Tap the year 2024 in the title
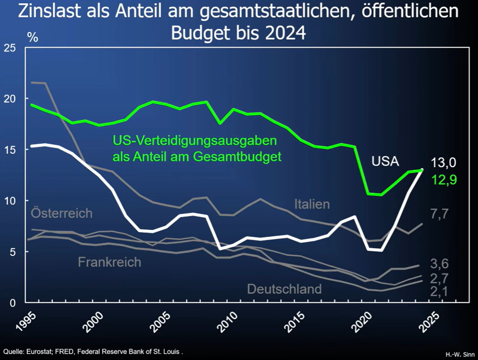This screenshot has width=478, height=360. click(284, 33)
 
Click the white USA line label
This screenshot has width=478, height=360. click(385, 161)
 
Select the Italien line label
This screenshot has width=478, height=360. click(312, 204)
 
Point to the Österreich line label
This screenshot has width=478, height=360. click(62, 213)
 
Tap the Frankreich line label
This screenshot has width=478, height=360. click(109, 262)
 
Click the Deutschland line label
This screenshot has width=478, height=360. click(284, 289)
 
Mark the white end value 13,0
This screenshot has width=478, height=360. click(444, 162)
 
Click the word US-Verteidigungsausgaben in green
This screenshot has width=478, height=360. click(195, 140)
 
